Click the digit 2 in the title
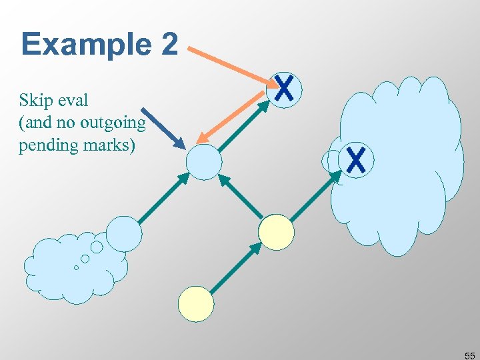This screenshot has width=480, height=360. pos(169,45)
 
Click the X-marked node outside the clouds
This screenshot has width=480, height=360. pos(285,89)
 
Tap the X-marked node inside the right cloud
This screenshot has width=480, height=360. pos(356,161)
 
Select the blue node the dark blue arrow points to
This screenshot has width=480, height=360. pos(203,162)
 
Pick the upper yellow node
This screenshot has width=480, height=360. pos(276,232)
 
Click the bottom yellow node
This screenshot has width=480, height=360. pos(196,303)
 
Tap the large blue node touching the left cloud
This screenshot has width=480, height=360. pos(125,233)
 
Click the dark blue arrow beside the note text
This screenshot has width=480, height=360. pos(163,128)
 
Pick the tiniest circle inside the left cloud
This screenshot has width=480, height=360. pos(76,267)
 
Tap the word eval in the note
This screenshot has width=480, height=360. pos(73,101)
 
